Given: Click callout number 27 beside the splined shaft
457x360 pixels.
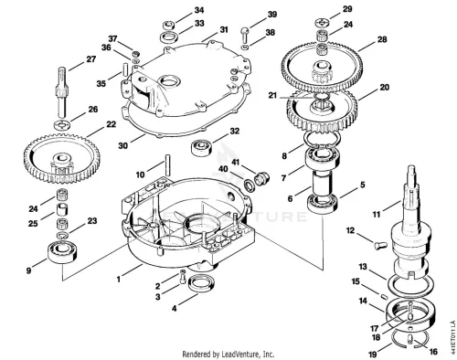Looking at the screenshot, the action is tap(91, 59).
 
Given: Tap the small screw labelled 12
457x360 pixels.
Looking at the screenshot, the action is tap(380, 245).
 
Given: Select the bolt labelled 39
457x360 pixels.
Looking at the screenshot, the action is tap(245, 34).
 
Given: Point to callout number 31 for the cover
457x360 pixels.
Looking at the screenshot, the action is tap(224, 29).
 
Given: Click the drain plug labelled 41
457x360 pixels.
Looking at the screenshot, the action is tap(261, 178).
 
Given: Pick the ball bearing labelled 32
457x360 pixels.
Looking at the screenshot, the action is tap(201, 147).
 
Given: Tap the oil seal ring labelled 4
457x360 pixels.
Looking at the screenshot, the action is tap(202, 283).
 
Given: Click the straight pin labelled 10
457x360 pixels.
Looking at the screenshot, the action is tap(168, 165).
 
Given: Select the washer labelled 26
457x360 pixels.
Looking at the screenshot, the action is tap(62, 124).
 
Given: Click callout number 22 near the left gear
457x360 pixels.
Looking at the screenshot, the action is tap(112, 124).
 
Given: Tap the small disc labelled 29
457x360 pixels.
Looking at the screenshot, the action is tap(323, 22).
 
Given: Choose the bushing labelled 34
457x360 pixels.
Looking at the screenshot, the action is tap(168, 25).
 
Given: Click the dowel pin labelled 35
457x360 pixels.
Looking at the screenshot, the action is tap(124, 69).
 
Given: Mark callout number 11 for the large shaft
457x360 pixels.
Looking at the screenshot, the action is tap(377, 215).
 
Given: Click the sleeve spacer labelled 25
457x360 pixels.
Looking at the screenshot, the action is tap(62, 209).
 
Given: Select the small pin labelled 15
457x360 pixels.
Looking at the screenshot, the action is tap(383, 295).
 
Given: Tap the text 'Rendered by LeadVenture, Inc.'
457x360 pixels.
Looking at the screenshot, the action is tap(228, 355).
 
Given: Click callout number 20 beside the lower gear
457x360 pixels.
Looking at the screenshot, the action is tap(385, 88).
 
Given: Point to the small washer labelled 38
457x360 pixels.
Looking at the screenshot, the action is tap(245, 48).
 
